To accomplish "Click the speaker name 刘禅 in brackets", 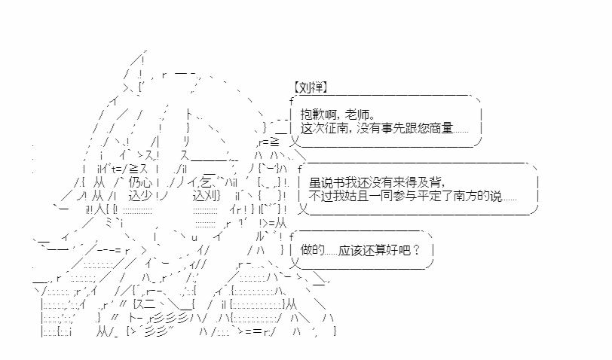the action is pyautogui.click(x=311, y=87).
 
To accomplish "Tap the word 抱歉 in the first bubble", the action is pyautogui.click(x=312, y=114).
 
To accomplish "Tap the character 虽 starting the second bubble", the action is pyautogui.click(x=314, y=182).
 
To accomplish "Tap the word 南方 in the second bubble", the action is pyautogui.click(x=465, y=196).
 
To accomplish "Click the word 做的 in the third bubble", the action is pyautogui.click(x=312, y=250).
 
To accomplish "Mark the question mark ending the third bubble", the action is pyautogui.click(x=416, y=250).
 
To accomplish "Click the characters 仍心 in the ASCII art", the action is pyautogui.click(x=139, y=182).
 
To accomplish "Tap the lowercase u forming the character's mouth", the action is pyautogui.click(x=194, y=237).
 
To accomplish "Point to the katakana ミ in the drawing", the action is pyautogui.click(x=109, y=223).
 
